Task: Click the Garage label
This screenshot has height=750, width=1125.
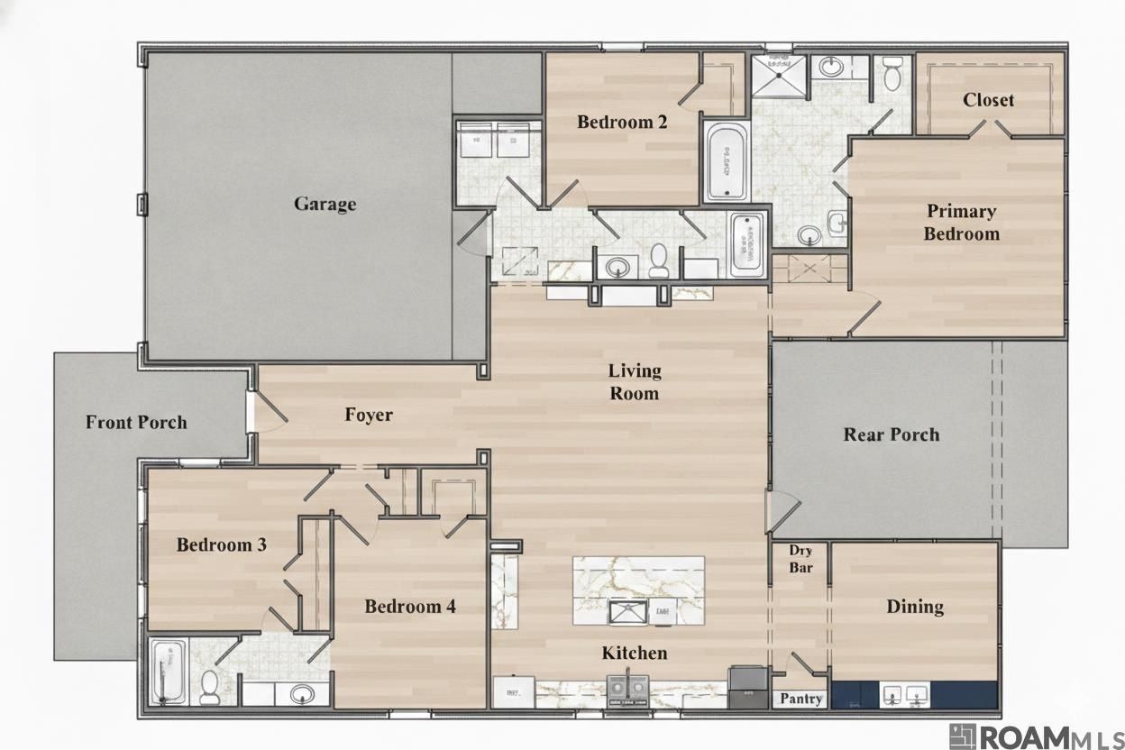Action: coord(325,204)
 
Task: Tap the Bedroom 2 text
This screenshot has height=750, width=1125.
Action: coord(622,122)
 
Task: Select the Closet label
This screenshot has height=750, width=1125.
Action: coord(988,100)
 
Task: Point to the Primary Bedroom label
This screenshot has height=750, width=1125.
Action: coord(961,223)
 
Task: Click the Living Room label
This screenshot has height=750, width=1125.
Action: coord(634,382)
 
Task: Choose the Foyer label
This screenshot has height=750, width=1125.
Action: coord(369,415)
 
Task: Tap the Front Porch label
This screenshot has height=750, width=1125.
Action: coord(136,422)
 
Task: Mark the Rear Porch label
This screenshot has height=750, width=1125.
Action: coord(891,434)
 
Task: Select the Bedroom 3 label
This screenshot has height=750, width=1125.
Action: coord(221,544)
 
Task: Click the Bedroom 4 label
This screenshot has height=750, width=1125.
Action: coord(410,607)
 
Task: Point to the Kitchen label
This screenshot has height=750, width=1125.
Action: coord(635,653)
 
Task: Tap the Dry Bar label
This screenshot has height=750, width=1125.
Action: coord(800,559)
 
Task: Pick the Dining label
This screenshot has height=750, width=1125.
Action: coord(915,607)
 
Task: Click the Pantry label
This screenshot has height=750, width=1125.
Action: coord(800,699)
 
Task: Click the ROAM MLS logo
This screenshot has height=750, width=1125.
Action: coord(1036,736)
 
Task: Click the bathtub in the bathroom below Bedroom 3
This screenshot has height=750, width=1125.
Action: coord(169,672)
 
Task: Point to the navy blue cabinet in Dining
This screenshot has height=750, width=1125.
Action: coord(914,695)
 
